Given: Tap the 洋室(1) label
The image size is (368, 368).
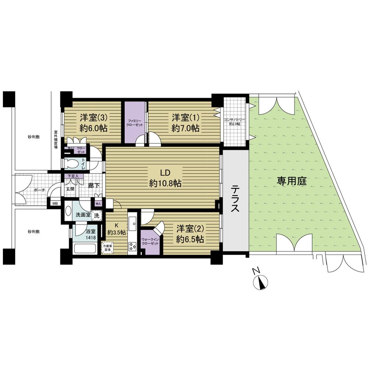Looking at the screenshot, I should (x=185, y=123).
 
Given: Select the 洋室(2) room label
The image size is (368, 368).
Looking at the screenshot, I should (x=190, y=233).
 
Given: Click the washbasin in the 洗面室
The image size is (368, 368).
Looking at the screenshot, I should (x=68, y=211).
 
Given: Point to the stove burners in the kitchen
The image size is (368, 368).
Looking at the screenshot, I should (x=132, y=246).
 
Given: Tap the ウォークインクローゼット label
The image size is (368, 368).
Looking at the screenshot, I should (x=150, y=242).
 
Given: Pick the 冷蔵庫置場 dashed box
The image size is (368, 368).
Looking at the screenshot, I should (x=107, y=248).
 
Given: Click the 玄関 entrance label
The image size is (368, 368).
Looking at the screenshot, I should (x=70, y=188).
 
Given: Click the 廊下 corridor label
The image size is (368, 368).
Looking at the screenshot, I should (x=92, y=186).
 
